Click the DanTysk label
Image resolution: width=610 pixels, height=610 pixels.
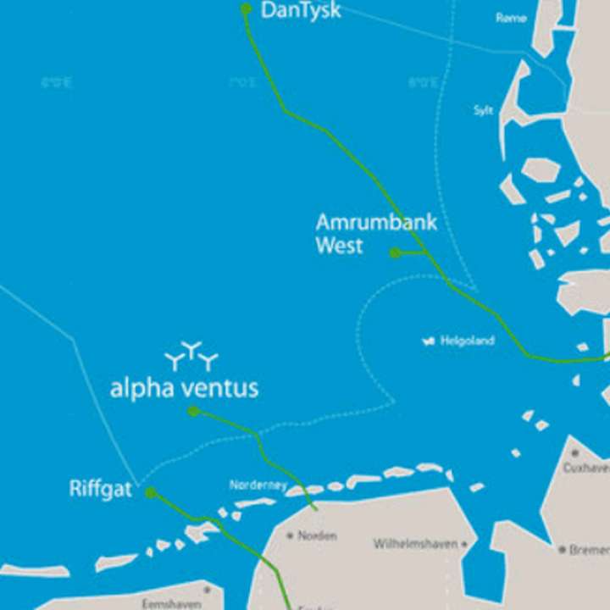301,10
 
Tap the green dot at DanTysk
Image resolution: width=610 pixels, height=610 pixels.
246,8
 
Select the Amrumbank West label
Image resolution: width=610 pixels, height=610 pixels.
376,234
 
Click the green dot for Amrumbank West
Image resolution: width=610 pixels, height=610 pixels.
395,252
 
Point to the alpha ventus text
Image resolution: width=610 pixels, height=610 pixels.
184,389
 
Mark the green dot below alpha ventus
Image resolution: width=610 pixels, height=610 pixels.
193,411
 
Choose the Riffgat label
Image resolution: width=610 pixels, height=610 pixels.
100,490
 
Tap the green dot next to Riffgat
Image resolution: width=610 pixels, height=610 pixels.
150,492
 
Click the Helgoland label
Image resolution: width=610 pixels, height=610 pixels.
467,341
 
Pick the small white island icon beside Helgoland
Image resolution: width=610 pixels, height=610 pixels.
428,341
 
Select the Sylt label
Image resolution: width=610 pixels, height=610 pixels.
483,111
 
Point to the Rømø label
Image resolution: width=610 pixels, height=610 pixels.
511,18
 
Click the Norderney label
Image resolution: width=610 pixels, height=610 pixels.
258,485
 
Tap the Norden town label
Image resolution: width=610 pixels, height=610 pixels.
317,535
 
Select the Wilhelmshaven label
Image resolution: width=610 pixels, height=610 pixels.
415,544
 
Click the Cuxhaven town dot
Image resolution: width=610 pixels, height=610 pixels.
575,453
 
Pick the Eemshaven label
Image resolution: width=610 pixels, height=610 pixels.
171,603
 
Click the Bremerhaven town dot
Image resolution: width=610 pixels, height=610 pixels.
562,550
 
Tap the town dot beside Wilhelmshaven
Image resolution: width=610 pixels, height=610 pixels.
463,544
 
